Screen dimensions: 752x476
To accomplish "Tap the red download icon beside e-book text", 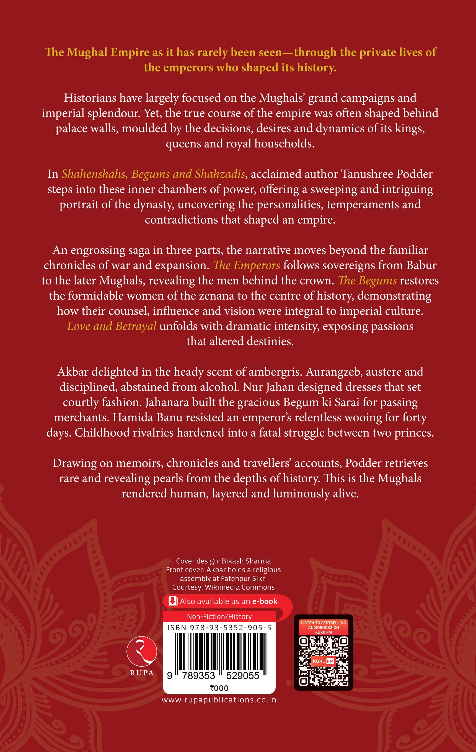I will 173,601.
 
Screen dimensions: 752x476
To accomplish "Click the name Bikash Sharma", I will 246,561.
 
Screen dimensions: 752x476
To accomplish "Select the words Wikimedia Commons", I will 240,587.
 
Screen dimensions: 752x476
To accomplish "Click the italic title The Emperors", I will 246,265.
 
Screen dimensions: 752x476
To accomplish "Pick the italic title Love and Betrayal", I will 112,326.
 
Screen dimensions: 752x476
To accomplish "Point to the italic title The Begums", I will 367,281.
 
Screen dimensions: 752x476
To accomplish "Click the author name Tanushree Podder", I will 387,174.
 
